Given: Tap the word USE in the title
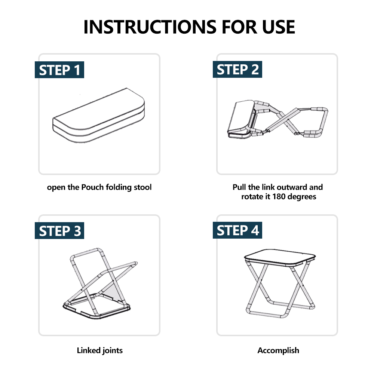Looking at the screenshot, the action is click(278, 27).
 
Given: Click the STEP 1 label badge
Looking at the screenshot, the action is click(59, 70).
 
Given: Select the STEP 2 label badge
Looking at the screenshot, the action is click(237, 70).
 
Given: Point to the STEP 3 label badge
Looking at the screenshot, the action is click(59, 230).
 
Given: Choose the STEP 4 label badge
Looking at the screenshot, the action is click(237, 230).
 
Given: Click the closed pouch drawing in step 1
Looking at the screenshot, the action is click(98, 116).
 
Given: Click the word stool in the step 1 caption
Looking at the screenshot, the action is click(142, 187).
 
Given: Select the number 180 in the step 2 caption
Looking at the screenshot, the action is click(279, 197).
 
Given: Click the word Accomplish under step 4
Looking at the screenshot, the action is click(278, 351).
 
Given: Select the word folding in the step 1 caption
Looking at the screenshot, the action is click(119, 187).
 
